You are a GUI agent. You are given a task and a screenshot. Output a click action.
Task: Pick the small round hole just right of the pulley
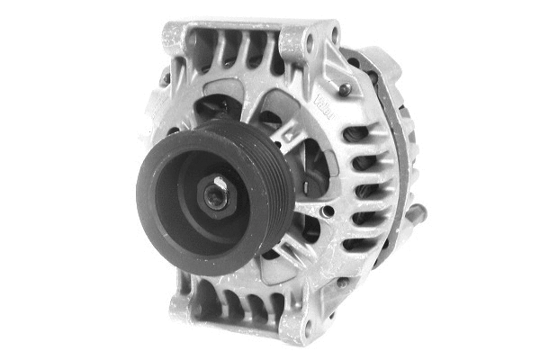(x=328, y=211)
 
